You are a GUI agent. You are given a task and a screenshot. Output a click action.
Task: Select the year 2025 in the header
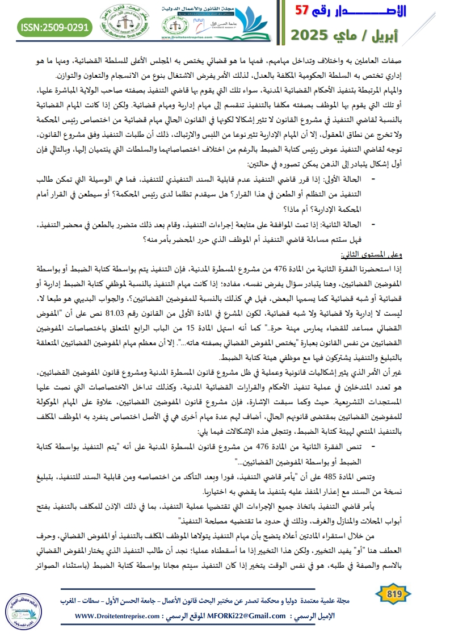tap(312, 36)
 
